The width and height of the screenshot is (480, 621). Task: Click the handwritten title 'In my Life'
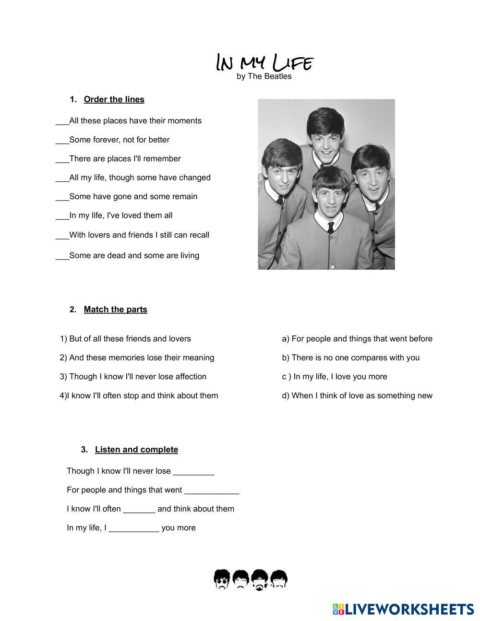[264, 62]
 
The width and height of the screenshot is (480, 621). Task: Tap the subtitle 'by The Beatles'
[264, 76]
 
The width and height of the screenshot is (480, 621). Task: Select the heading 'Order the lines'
[114, 99]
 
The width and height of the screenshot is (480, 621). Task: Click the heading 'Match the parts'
[115, 310]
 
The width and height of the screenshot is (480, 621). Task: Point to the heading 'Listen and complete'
[136, 450]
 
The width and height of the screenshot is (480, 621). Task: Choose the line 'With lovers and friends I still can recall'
[139, 235]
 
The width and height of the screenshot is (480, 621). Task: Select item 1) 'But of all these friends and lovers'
[126, 339]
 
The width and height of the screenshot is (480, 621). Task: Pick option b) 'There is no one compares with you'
[350, 358]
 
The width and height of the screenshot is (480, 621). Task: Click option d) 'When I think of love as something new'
[357, 396]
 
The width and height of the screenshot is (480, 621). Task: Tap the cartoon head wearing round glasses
[222, 579]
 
